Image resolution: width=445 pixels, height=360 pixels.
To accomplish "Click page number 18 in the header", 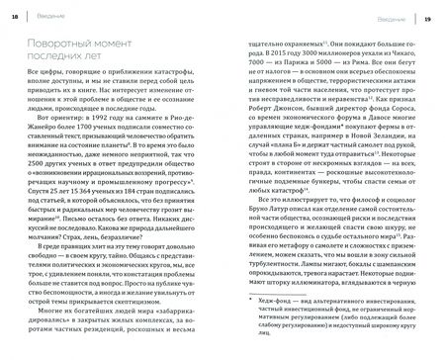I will tap(13, 18).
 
